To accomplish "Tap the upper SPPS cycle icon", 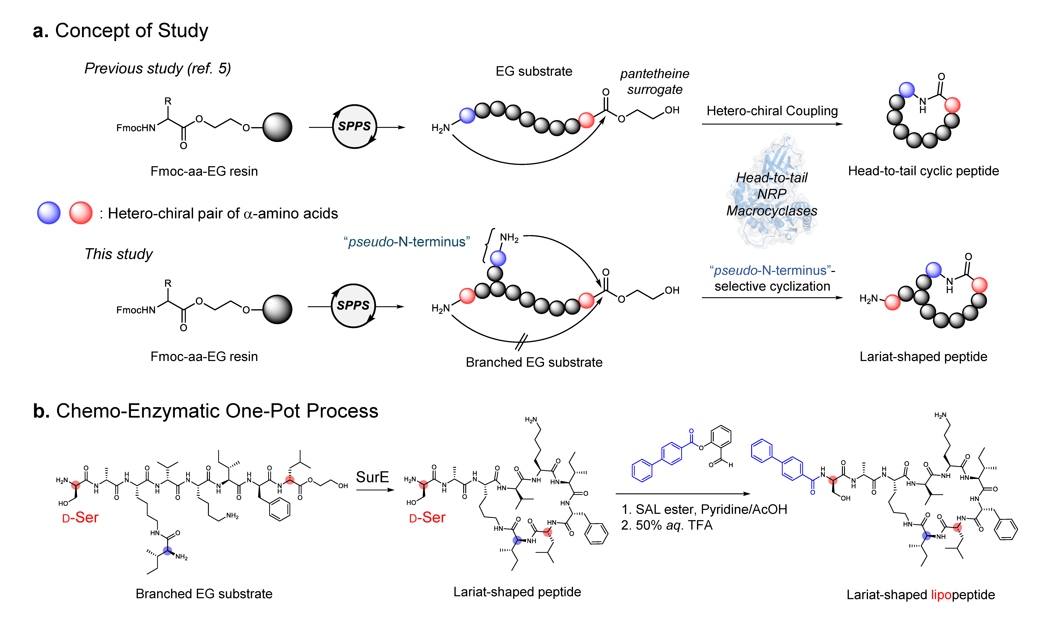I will pyautogui.click(x=354, y=127).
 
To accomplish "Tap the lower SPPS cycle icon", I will pyautogui.click(x=353, y=306).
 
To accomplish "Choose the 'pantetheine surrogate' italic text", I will pyautogui.click(x=655, y=81).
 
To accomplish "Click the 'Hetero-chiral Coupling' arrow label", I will pyautogui.click(x=772, y=111).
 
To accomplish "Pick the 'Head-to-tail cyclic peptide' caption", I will pyautogui.click(x=923, y=171).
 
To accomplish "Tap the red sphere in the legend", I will pyautogui.click(x=81, y=213).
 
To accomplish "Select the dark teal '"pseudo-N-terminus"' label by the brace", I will pyautogui.click(x=406, y=242).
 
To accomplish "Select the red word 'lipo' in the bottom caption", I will pyautogui.click(x=941, y=595).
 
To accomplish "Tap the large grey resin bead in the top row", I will pyautogui.click(x=277, y=127).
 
